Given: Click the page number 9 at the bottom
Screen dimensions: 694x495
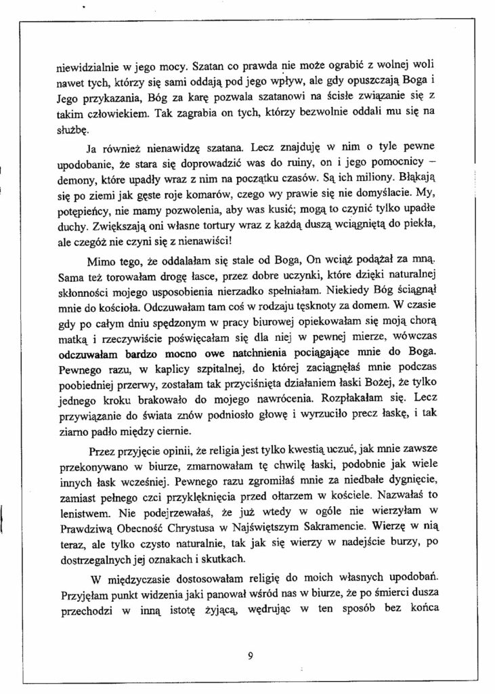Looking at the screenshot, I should (x=250, y=655).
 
